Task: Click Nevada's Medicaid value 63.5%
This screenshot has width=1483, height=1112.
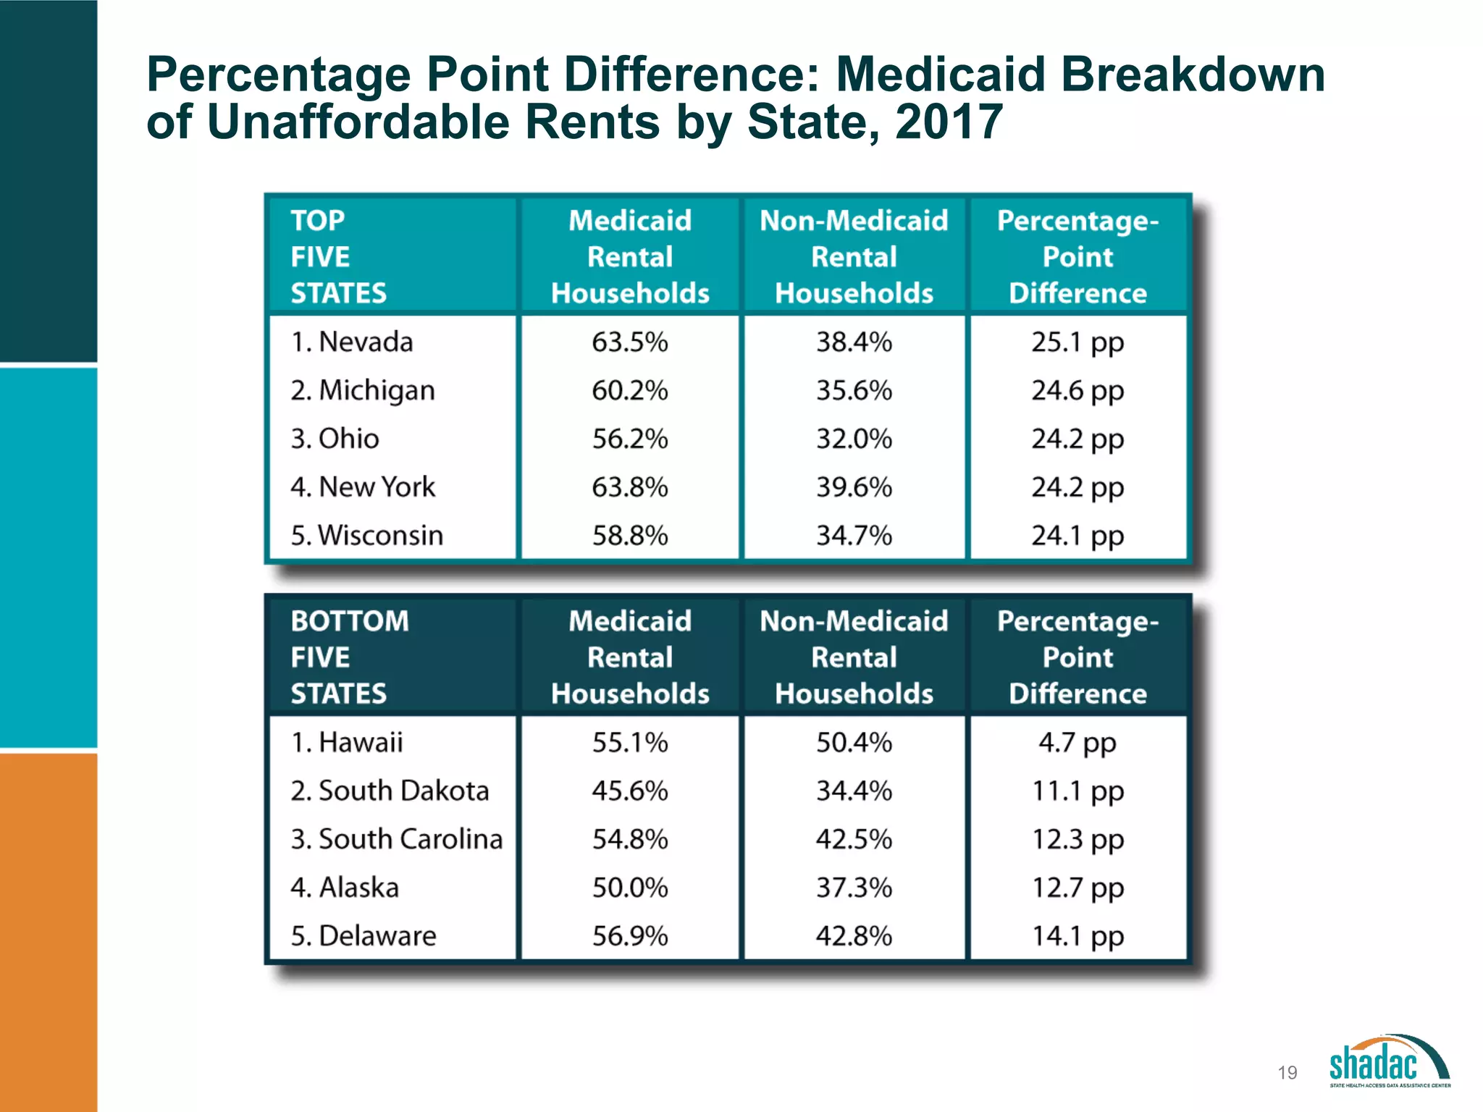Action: coord(629,342)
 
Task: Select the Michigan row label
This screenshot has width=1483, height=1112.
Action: coord(363,390)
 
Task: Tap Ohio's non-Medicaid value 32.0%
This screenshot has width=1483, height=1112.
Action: coord(854,439)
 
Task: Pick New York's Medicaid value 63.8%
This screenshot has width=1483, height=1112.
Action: coord(629,487)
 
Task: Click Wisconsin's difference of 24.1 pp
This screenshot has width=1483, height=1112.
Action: coord(1077,536)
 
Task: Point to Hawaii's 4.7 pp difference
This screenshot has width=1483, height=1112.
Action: coord(1077,743)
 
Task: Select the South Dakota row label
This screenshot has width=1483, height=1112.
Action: coord(390,791)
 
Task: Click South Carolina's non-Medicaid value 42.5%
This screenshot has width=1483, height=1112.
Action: coord(854,839)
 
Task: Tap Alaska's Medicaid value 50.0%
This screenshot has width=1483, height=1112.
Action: coord(629,888)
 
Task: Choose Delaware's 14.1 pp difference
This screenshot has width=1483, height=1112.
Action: coord(1077,936)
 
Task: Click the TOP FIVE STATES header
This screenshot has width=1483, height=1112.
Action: coord(338,256)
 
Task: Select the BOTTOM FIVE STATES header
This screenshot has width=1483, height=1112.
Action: coord(349,657)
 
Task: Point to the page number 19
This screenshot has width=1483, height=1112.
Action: coord(1287,1072)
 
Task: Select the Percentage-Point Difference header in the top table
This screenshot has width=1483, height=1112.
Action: coord(1077,256)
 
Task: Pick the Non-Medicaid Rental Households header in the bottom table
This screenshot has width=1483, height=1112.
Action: coord(854,657)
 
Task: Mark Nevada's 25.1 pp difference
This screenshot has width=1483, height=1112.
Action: coord(1077,342)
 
